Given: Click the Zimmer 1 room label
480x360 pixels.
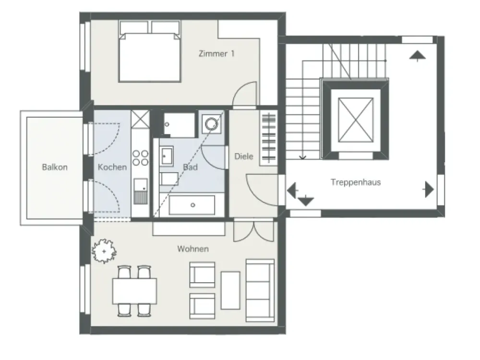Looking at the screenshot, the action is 216,54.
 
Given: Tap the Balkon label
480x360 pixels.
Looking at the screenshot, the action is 55,167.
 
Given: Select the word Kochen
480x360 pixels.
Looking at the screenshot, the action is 112,167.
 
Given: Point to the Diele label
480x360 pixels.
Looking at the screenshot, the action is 244,156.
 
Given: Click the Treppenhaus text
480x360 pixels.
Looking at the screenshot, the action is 356,182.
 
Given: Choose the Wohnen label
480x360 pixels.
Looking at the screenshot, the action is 193,249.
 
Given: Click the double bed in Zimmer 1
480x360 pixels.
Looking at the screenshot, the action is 149,51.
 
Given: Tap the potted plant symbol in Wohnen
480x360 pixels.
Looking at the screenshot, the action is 104,252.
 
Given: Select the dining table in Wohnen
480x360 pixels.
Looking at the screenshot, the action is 134,291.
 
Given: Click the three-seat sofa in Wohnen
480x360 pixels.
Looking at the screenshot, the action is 260,290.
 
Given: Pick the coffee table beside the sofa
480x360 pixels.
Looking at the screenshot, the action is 230,290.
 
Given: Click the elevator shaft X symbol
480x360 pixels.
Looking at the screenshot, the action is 356,120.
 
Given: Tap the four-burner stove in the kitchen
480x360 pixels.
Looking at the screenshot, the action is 140,157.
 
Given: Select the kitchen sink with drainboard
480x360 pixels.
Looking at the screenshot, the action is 141,192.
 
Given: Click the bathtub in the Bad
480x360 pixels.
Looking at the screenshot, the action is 192,205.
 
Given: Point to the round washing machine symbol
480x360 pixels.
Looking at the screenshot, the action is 212,124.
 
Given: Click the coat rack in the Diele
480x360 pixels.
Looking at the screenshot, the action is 268,138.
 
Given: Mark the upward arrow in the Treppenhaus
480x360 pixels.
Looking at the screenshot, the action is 418,56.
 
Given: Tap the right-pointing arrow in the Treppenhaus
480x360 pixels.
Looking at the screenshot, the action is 429,190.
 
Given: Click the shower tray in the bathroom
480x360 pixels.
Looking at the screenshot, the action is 179,125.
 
